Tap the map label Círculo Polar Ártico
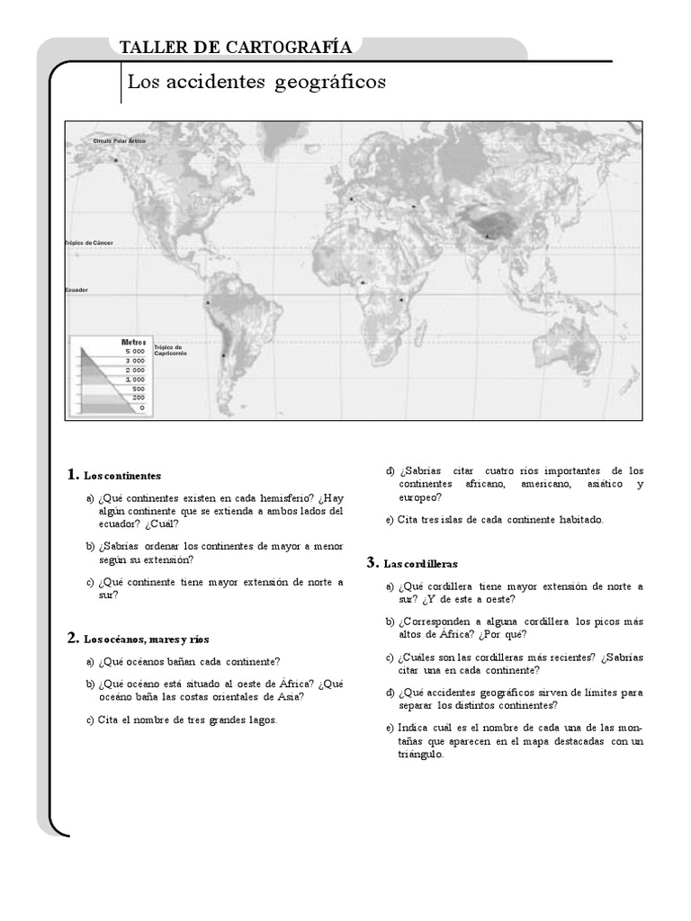point(119,141)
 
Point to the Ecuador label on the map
point(76,291)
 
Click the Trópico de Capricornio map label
point(168,350)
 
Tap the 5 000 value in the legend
point(135,351)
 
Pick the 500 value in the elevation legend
point(138,388)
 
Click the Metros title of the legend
point(133,342)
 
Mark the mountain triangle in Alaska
point(116,160)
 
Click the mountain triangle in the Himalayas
point(487,236)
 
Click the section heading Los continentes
point(121,475)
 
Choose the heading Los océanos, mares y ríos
point(146,639)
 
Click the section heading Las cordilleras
point(420,564)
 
